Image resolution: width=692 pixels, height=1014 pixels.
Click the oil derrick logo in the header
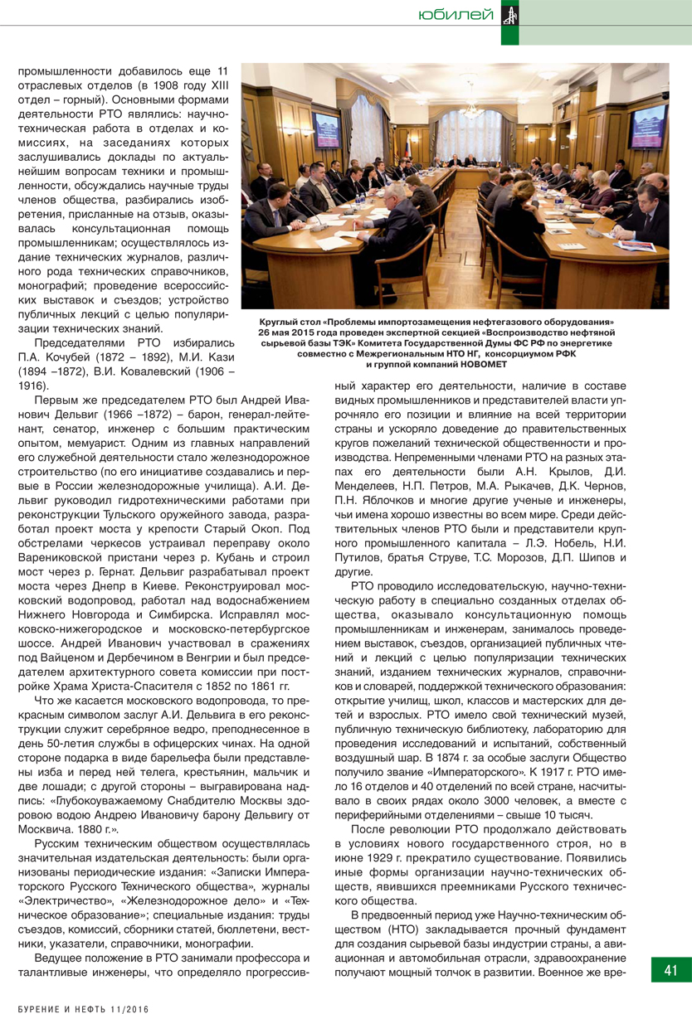click(510, 14)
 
